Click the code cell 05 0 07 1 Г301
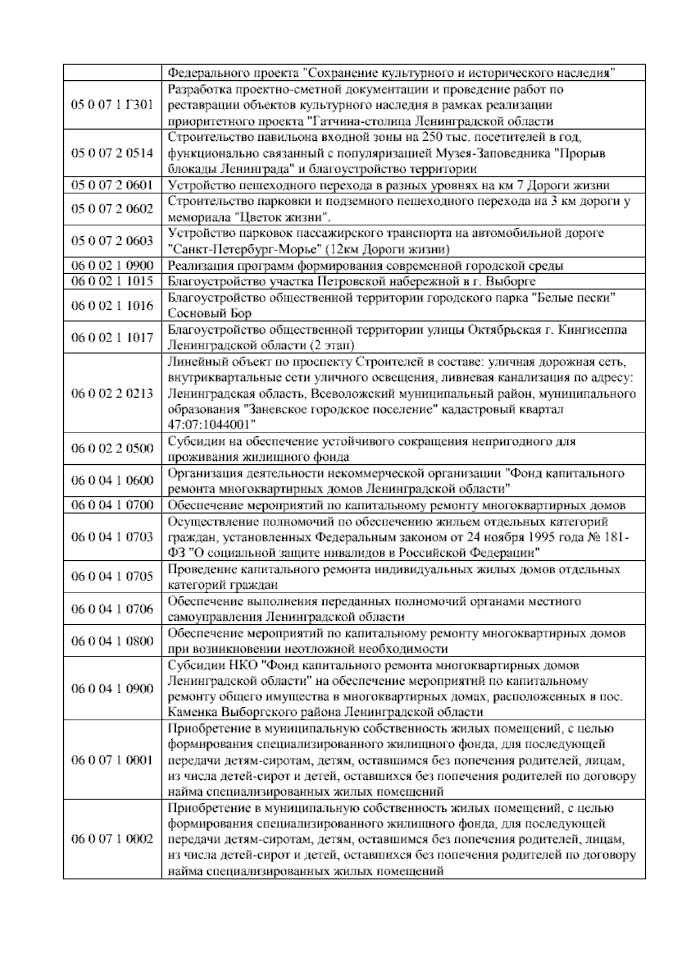tap(112, 105)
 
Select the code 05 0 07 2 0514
tap(112, 153)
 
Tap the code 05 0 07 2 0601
tap(112, 185)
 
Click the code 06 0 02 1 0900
tap(112, 265)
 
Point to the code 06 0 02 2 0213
tap(112, 394)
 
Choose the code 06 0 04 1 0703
tap(112, 537)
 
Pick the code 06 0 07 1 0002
tap(112, 839)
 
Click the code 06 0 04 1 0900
tap(112, 688)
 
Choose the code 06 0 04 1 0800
tap(112, 641)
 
